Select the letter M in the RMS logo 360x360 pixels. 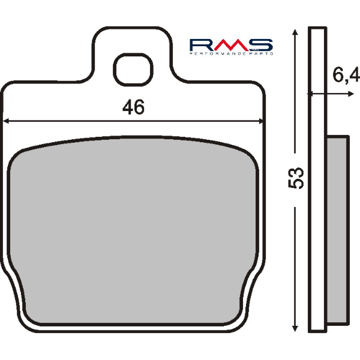point(230,44)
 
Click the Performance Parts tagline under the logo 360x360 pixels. point(231,54)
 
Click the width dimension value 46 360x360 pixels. point(133,108)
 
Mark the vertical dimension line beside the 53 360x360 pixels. point(295,252)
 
